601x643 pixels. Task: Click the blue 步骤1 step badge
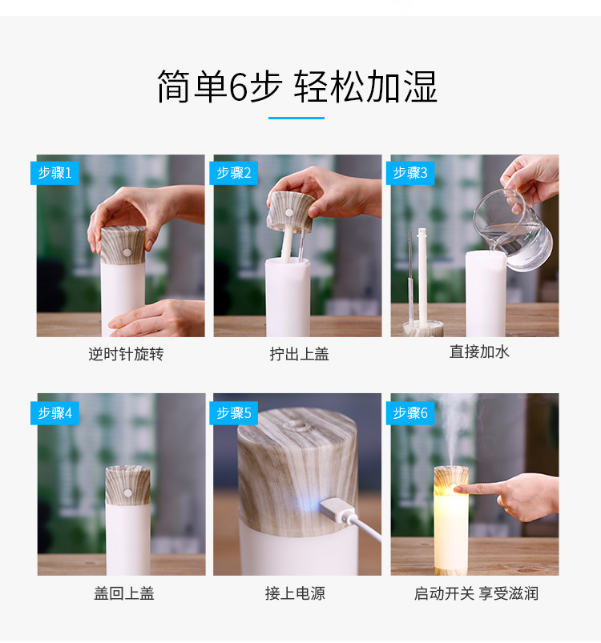point(54,173)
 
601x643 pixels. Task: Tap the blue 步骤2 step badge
point(233,173)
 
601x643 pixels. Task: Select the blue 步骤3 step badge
point(410,173)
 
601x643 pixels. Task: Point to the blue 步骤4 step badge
point(54,413)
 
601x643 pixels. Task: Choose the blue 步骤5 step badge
point(233,413)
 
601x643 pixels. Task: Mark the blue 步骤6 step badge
point(410,413)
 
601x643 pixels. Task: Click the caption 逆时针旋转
point(126,354)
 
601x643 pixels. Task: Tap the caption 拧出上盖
point(299,354)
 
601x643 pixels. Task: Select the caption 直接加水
point(479,352)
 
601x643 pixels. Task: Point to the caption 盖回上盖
point(124,593)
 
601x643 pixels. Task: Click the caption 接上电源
point(295,593)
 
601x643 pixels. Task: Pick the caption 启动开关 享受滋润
point(476,593)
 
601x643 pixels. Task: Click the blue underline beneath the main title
point(296,118)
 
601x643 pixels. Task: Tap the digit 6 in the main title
point(238,87)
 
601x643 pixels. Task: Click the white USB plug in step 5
point(337,511)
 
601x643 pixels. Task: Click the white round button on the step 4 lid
point(128,493)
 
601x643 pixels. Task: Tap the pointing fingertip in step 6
point(457,488)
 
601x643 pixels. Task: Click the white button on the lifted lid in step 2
point(289,212)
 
